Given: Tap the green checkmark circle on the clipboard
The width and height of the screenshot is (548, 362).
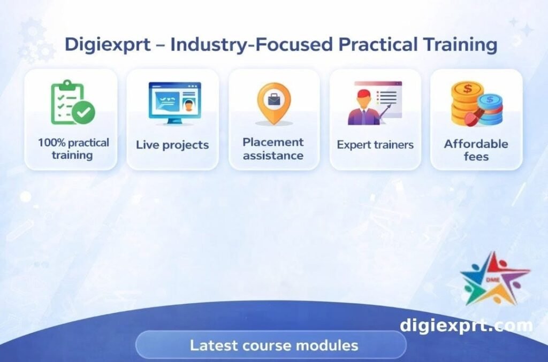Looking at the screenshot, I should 83,112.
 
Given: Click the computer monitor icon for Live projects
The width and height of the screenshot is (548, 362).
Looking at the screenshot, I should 174,103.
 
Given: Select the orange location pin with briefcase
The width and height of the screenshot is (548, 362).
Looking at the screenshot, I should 273,102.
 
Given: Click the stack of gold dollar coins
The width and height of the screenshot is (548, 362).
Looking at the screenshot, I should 466,102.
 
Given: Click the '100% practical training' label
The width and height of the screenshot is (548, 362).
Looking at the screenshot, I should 73,149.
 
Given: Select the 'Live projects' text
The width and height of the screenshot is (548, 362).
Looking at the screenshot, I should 172,145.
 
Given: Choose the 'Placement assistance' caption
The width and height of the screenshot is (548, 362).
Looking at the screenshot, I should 273,149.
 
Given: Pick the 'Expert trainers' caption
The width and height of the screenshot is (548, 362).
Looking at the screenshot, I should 375,145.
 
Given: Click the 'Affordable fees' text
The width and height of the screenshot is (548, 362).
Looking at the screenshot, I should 476,150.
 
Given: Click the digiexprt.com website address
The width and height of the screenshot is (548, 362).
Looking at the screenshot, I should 466,325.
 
